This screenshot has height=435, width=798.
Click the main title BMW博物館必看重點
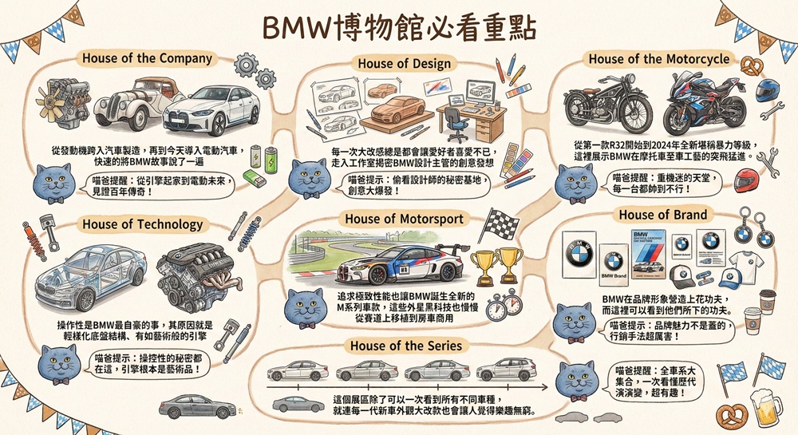click(399, 26)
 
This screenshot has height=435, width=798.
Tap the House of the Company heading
click(147, 58)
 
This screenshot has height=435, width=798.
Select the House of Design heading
click(404, 64)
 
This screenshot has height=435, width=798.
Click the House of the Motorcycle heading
click(658, 59)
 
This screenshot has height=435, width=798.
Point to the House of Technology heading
click(142, 224)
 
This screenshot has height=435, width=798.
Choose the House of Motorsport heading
click(404, 219)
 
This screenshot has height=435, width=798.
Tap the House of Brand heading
click(662, 215)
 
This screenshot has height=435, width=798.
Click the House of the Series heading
click(405, 346)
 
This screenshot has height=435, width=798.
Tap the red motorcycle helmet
click(745, 183)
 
